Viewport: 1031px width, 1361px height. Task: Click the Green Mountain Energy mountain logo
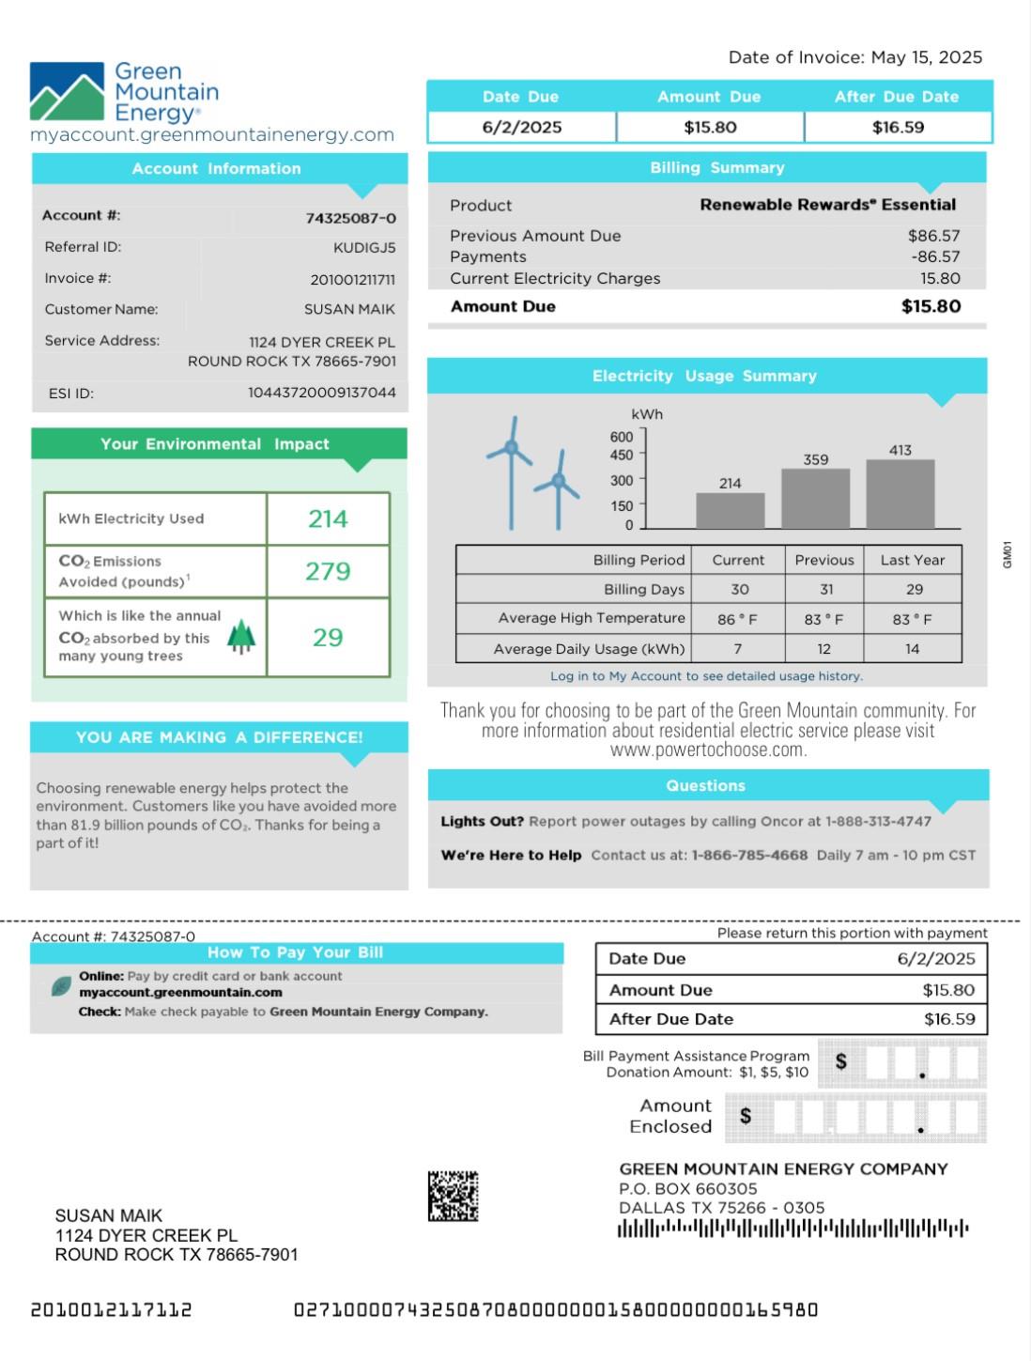click(67, 92)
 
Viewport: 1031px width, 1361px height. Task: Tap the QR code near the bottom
click(453, 1196)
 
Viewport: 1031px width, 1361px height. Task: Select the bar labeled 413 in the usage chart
click(900, 493)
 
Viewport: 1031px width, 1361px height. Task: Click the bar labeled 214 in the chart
click(730, 510)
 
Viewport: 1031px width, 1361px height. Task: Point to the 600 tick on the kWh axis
click(622, 437)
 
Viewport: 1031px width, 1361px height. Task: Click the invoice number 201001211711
click(352, 280)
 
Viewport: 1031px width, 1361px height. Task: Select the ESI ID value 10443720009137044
click(322, 393)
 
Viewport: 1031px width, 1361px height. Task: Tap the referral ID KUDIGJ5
click(364, 248)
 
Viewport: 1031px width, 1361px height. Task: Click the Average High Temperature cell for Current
click(737, 619)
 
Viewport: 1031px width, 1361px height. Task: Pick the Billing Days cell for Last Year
click(914, 590)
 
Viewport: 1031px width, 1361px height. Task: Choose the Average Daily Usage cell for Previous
click(823, 649)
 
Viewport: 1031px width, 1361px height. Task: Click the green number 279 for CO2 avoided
click(328, 571)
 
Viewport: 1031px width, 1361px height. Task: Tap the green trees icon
click(241, 637)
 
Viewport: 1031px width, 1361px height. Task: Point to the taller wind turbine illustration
click(511, 470)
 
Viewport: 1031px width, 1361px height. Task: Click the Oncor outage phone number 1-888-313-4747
click(878, 822)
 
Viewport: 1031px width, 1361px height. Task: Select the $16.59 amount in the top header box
click(898, 128)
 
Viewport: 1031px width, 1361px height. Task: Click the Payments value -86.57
click(935, 257)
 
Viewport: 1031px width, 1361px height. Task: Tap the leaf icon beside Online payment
click(61, 986)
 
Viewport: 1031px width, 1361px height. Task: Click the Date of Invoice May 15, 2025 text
click(855, 58)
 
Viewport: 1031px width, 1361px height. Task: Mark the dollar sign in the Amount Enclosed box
click(746, 1116)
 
